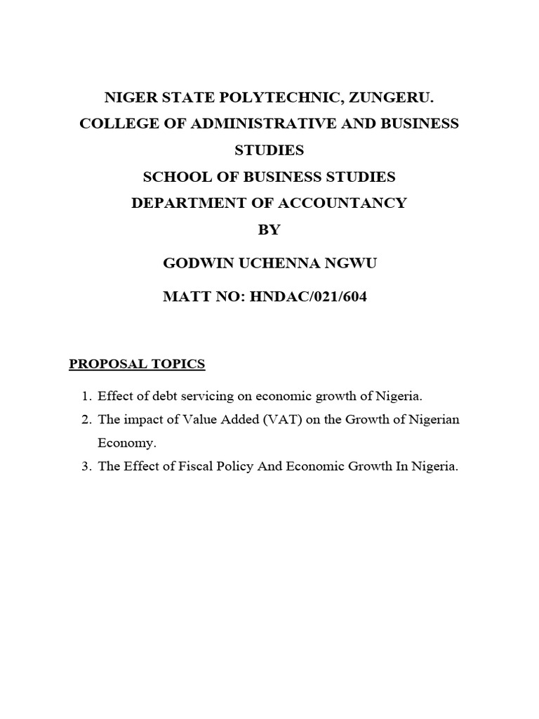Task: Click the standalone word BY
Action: (269, 230)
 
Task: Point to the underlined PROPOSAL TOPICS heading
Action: (136, 364)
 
